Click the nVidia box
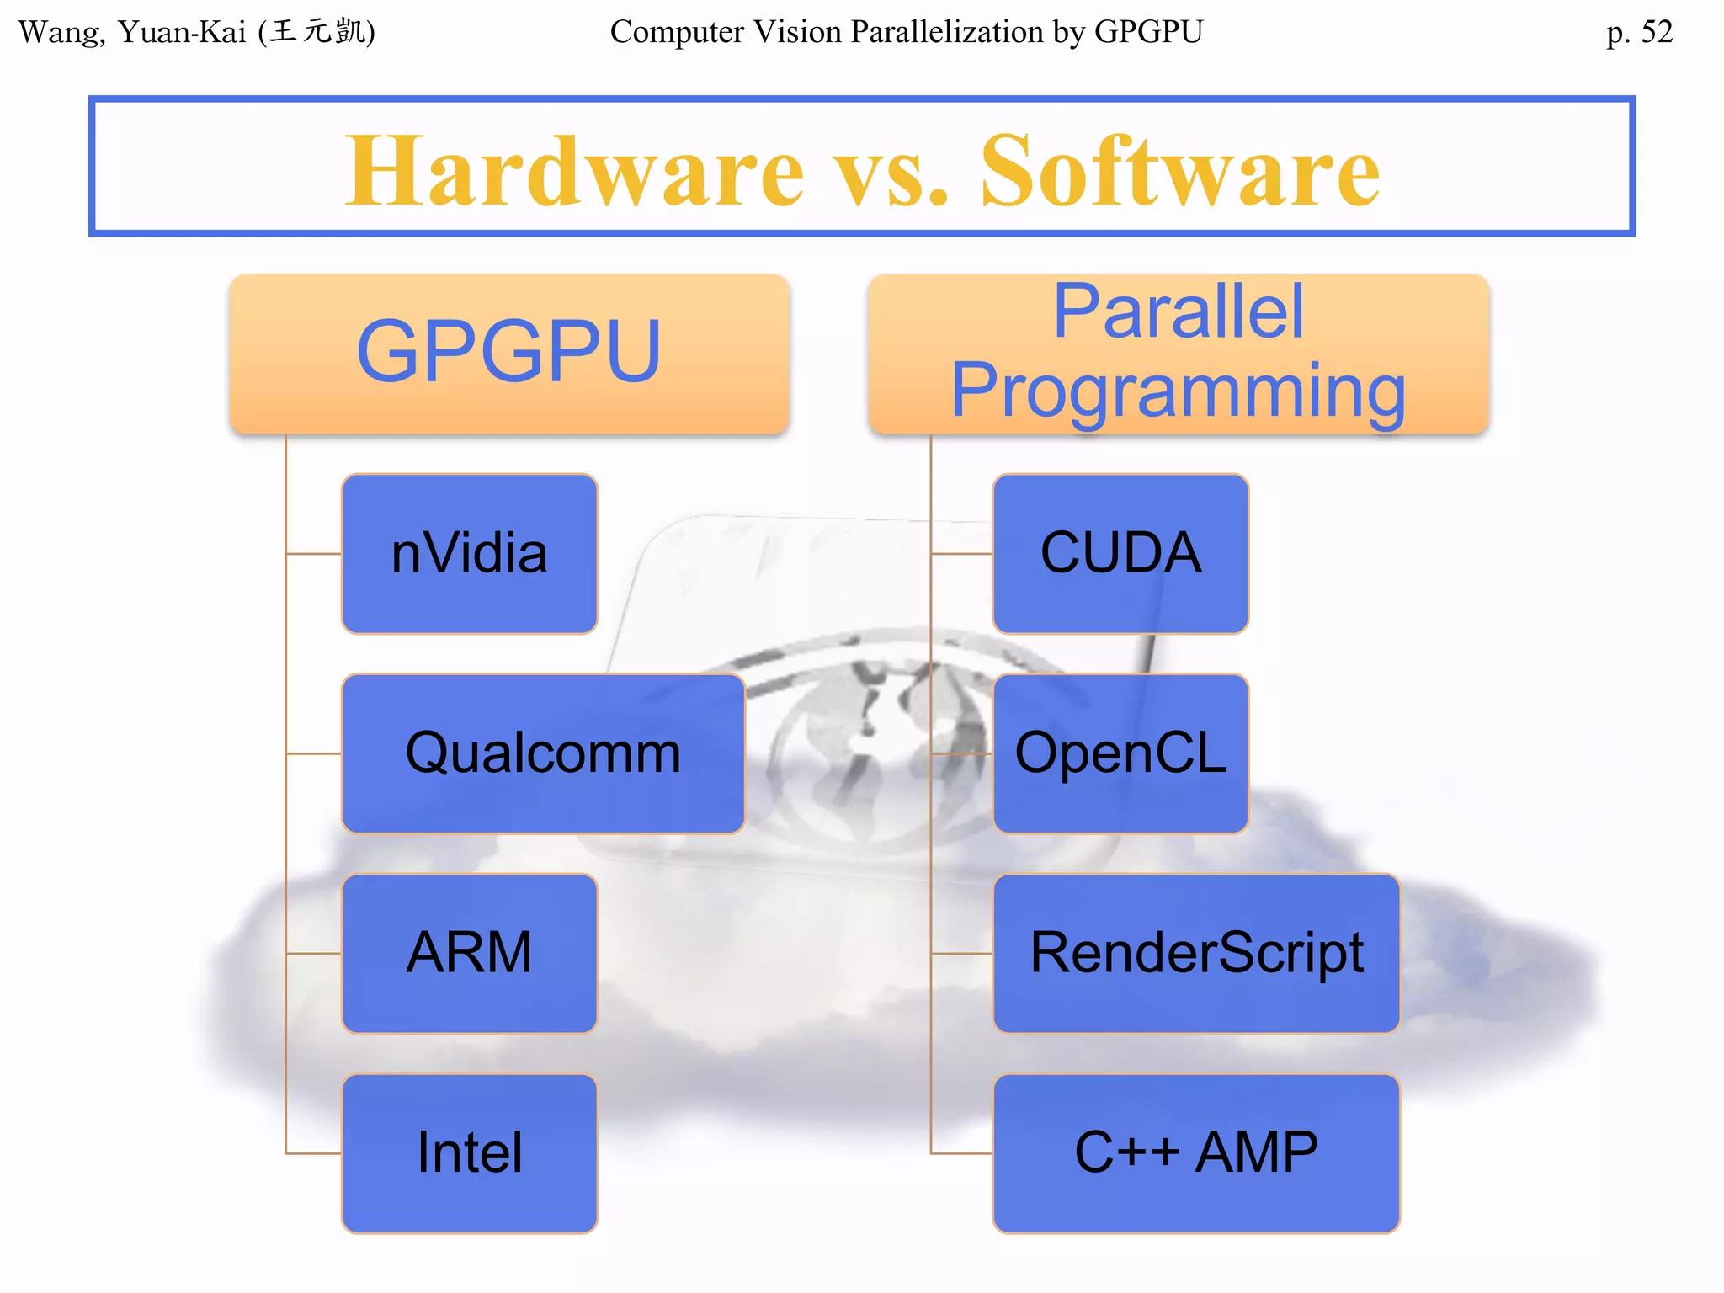(469, 553)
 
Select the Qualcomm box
(543, 753)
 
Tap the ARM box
(469, 953)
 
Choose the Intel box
(469, 1152)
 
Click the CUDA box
(1120, 553)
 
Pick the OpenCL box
(1120, 753)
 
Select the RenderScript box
(1196, 953)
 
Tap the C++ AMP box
(1196, 1152)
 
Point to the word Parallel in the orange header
(1178, 312)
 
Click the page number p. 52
(1639, 32)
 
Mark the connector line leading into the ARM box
(313, 954)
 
